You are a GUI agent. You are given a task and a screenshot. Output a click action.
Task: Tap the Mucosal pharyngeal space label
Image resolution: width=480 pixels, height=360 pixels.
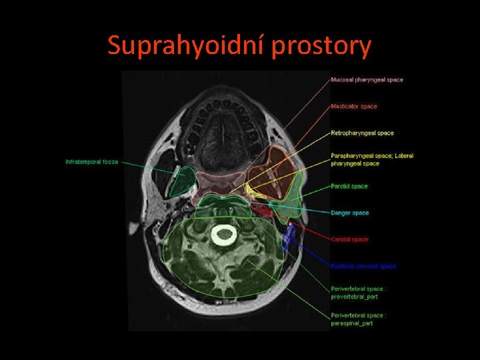pyautogui.click(x=367, y=80)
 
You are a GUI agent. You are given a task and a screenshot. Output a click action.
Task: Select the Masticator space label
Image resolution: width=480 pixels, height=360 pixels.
pyautogui.click(x=354, y=107)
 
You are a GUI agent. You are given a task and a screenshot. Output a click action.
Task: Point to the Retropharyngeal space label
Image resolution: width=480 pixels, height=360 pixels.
pyautogui.click(x=362, y=133)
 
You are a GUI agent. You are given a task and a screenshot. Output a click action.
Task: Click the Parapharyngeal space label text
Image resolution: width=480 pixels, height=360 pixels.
pyautogui.click(x=372, y=159)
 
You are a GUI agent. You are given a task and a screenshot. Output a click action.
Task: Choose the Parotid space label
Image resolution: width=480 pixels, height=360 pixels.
pyautogui.click(x=349, y=186)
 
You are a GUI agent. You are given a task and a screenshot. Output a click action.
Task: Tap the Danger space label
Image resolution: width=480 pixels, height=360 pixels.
pyautogui.click(x=350, y=213)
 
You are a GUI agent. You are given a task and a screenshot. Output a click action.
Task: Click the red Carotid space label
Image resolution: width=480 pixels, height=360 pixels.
pyautogui.click(x=349, y=239)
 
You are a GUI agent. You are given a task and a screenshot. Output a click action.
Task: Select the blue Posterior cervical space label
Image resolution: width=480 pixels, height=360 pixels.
pyautogui.click(x=363, y=266)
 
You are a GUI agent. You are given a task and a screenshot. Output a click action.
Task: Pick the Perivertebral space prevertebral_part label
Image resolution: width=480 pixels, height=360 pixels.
pyautogui.click(x=358, y=293)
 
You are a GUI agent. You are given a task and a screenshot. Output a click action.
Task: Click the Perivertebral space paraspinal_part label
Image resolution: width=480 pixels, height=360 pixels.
pyautogui.click(x=358, y=319)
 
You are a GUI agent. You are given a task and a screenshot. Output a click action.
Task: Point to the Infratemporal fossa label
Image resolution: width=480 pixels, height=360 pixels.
pyautogui.click(x=91, y=162)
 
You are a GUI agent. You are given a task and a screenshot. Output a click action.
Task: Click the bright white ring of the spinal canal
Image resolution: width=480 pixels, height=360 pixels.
pyautogui.click(x=224, y=233)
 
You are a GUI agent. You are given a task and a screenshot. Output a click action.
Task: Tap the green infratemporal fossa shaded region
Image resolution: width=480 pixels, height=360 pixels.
pyautogui.click(x=181, y=181)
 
